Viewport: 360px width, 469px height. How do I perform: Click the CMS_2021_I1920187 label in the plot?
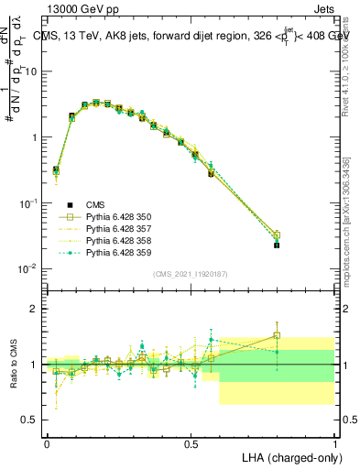point(190,274)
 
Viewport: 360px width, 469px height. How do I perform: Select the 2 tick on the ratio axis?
point(35,310)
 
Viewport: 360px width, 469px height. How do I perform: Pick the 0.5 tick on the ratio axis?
point(31,420)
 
